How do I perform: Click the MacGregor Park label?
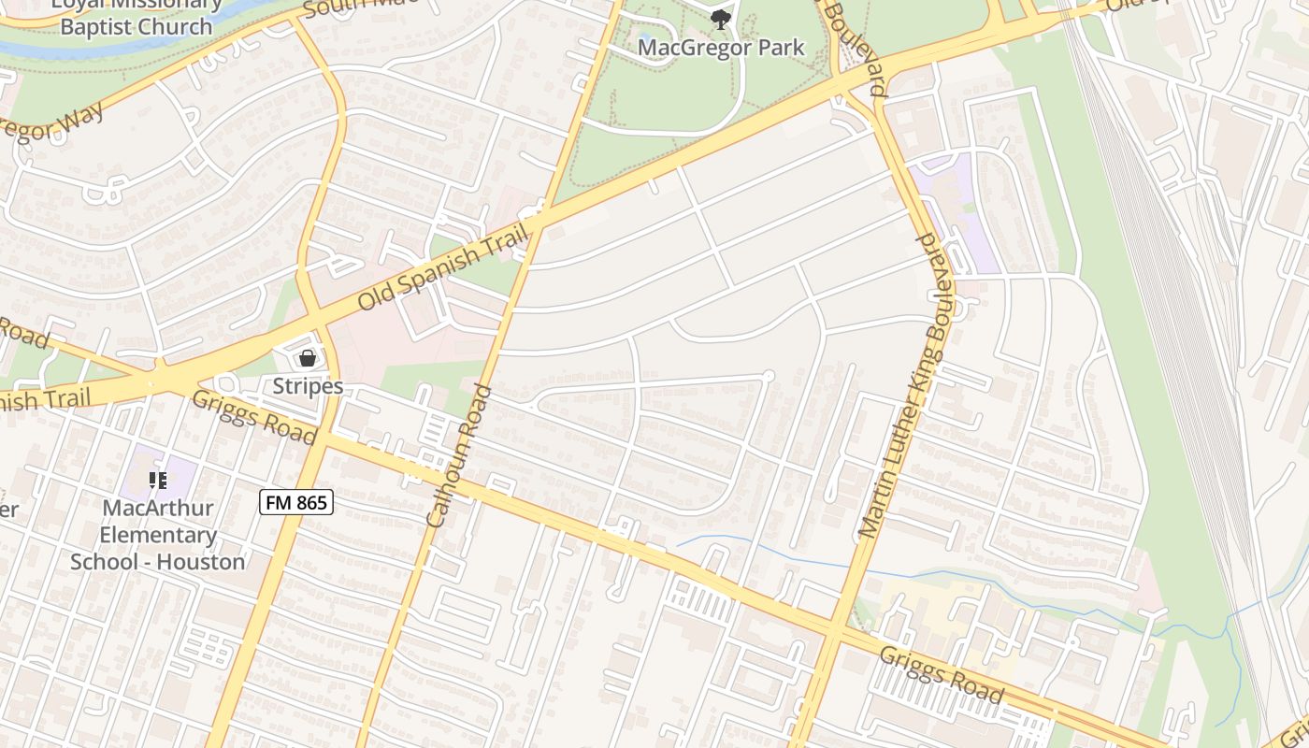click(721, 48)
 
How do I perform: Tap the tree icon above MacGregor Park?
click(720, 19)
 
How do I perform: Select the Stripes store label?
click(308, 386)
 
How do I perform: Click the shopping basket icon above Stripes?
click(307, 358)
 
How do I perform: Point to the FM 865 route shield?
click(295, 503)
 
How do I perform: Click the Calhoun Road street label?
click(458, 455)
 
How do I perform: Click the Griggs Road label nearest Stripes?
click(253, 418)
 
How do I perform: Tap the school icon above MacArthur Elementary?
click(158, 481)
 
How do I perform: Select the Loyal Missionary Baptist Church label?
click(137, 15)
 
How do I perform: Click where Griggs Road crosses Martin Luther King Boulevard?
click(834, 631)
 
